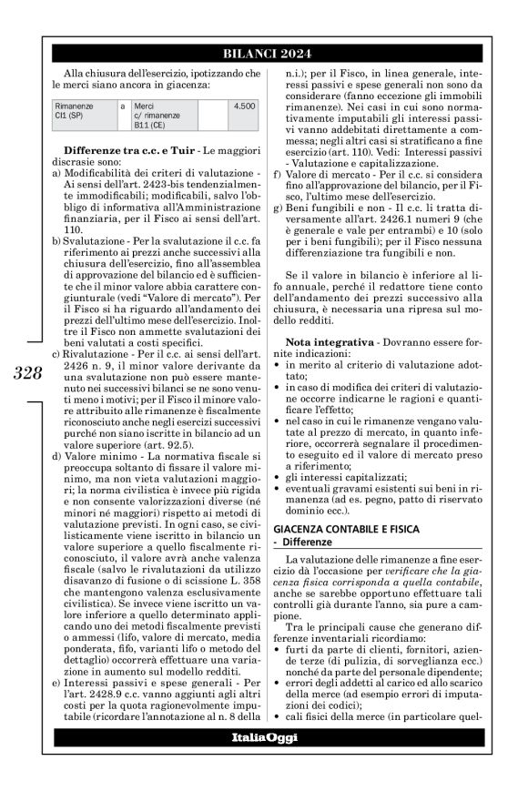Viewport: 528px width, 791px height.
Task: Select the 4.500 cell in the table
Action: point(243,106)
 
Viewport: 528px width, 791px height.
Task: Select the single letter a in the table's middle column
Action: point(122,106)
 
